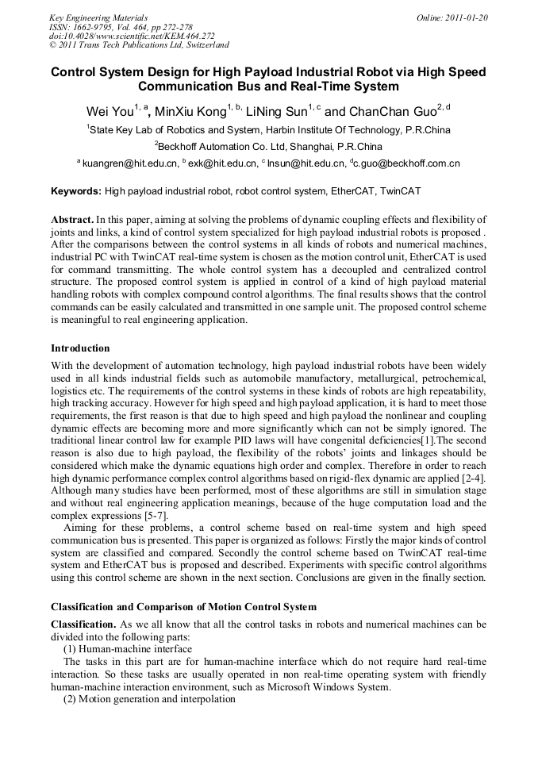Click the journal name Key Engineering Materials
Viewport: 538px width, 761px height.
pos(98,17)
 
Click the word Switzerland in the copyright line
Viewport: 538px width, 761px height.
pos(205,45)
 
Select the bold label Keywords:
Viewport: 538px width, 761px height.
pos(76,191)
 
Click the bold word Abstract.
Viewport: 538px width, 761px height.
pos(71,219)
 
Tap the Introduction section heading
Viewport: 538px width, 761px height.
pos(80,348)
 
